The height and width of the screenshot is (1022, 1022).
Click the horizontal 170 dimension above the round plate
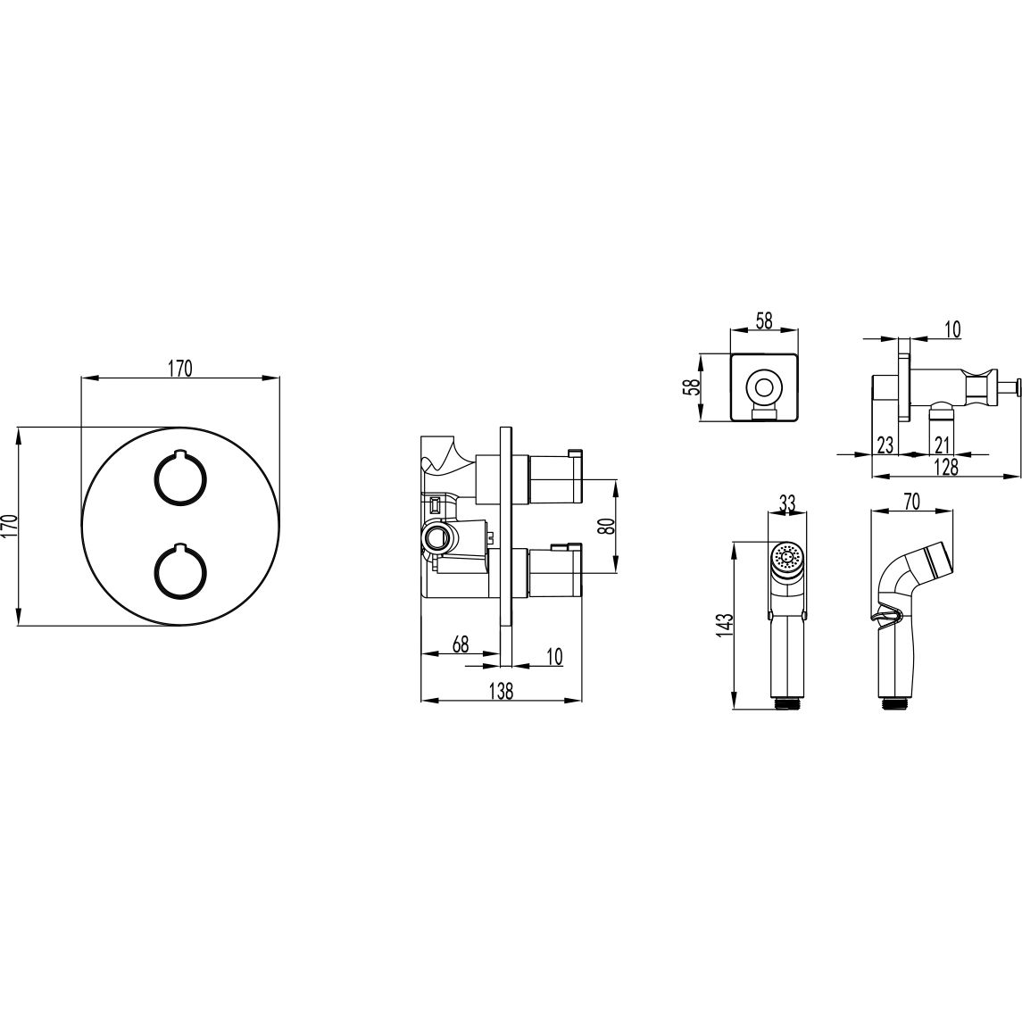coord(180,369)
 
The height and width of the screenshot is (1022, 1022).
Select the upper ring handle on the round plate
coord(180,478)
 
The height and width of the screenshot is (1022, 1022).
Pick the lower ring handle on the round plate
coord(180,569)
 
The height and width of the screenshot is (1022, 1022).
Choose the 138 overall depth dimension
coord(501,691)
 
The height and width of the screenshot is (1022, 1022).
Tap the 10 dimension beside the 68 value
coord(554,656)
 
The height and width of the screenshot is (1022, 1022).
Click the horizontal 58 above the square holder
coord(765,320)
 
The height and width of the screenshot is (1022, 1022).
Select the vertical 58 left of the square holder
coord(692,387)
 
